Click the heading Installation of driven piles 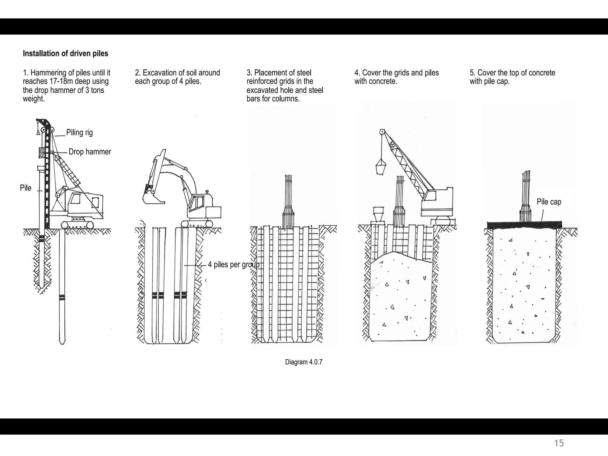click(65, 54)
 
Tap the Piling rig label click(79, 132)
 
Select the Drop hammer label click(90, 152)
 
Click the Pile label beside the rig click(26, 188)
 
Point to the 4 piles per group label click(233, 265)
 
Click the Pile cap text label click(549, 202)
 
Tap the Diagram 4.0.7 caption click(303, 362)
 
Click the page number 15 click(559, 443)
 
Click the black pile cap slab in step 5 click(525, 225)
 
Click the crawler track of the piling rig click(77, 225)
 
